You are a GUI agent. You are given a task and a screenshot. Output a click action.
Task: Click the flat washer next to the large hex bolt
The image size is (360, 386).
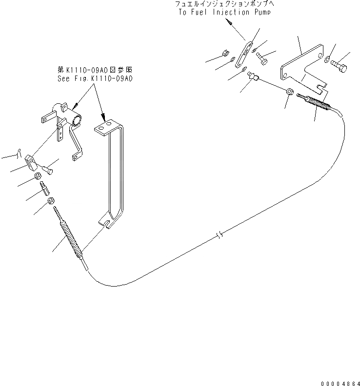[326, 59]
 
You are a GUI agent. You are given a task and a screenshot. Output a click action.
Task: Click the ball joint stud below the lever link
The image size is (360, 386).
[252, 76]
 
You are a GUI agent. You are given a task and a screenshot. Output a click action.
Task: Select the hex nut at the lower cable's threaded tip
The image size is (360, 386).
[50, 201]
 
